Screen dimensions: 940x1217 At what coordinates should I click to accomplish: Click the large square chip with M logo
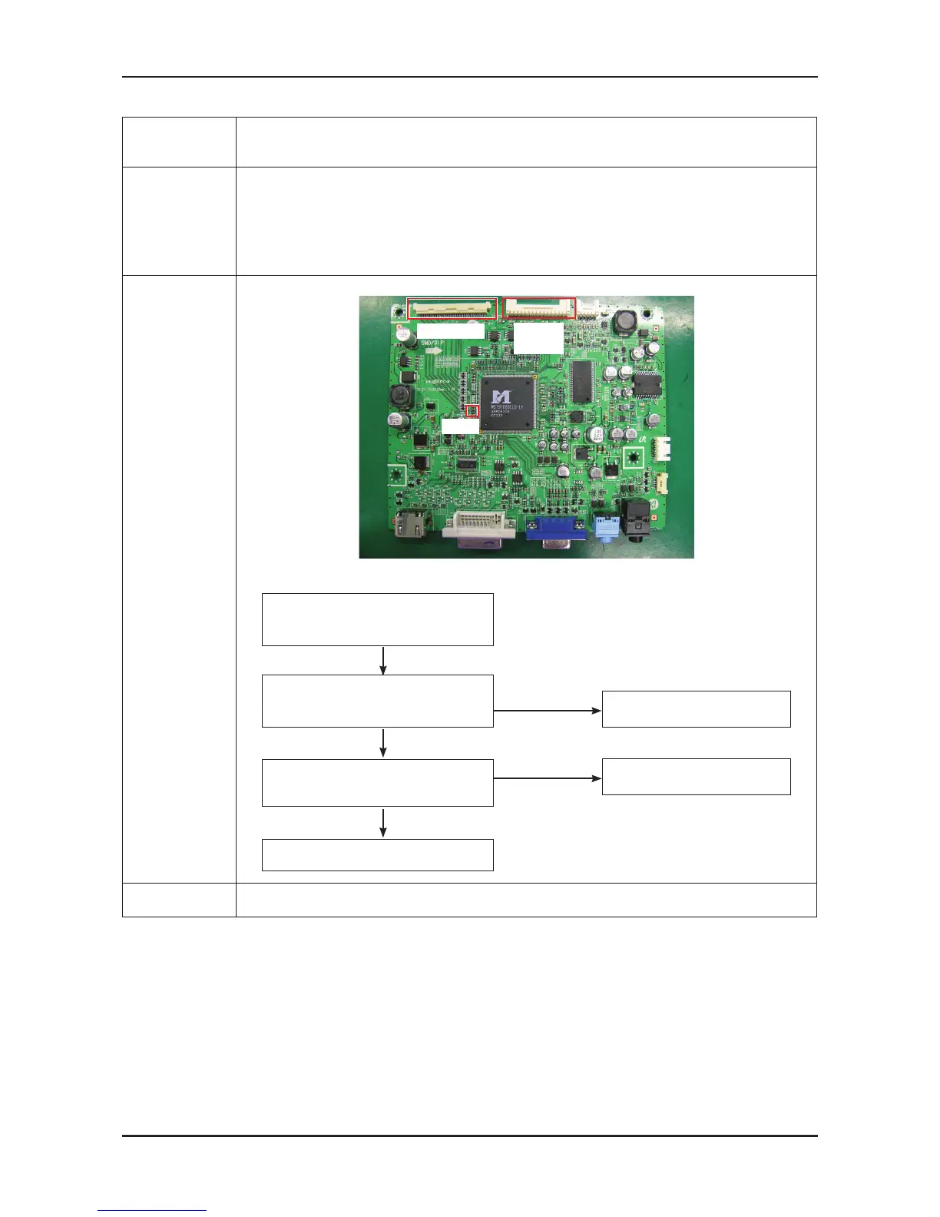pos(506,403)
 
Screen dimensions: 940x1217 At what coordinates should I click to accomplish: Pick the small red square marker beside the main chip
pos(473,412)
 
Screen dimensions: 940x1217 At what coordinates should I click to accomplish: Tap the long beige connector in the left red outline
pos(452,309)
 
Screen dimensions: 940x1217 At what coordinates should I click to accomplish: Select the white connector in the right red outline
pos(539,309)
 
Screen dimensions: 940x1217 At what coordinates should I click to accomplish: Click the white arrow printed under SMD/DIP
pos(432,350)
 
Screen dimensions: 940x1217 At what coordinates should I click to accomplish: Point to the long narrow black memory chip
pos(581,381)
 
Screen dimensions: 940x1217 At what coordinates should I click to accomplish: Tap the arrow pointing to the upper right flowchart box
pos(547,711)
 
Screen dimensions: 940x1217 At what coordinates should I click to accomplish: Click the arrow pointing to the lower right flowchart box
pos(547,778)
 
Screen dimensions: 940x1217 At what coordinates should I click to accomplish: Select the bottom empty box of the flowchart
pos(377,854)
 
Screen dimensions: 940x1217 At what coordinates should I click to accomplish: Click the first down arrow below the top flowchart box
pos(382,660)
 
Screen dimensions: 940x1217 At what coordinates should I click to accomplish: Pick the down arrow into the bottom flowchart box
pos(382,822)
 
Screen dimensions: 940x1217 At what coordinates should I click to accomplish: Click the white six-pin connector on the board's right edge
pos(660,448)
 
